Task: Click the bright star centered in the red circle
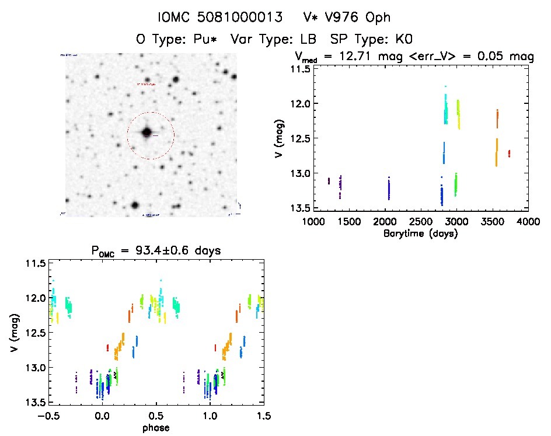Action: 147,132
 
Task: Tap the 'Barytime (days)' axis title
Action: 421,233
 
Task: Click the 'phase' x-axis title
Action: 155,428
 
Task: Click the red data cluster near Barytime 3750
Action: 510,154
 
